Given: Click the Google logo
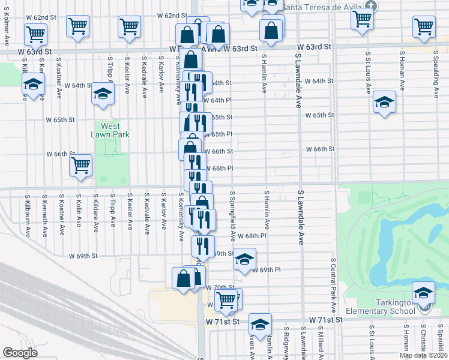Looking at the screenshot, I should [x=19, y=353].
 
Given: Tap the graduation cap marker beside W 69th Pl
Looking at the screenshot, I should [x=244, y=259].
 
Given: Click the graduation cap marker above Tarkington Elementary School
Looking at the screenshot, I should [x=423, y=292].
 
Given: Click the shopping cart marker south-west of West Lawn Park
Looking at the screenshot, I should [x=80, y=165].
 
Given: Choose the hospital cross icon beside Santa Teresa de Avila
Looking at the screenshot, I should [x=372, y=6].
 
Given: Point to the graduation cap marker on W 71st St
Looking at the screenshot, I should [x=259, y=324].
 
